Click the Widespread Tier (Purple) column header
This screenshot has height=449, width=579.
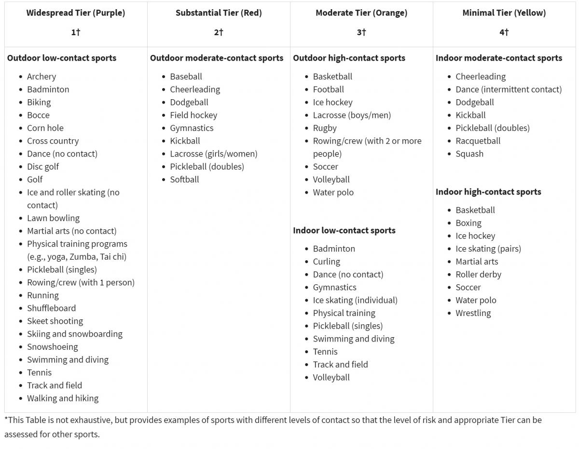pyautogui.click(x=75, y=13)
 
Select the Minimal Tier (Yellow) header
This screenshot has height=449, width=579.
pyautogui.click(x=504, y=13)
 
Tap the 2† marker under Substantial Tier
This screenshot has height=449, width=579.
pyautogui.click(x=219, y=32)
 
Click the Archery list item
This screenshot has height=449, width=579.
pyautogui.click(x=41, y=77)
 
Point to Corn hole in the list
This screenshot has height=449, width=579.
pyautogui.click(x=45, y=128)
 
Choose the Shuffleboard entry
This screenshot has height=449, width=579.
pyautogui.click(x=51, y=308)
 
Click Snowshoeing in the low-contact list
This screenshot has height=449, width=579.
pyautogui.click(x=52, y=347)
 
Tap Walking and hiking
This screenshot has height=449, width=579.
pyautogui.click(x=63, y=398)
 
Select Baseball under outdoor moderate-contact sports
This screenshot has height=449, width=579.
pyautogui.click(x=186, y=77)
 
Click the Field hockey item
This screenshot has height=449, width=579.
pyautogui.click(x=193, y=115)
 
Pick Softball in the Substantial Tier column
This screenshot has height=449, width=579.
pyautogui.click(x=184, y=180)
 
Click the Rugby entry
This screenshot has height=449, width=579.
pyautogui.click(x=325, y=128)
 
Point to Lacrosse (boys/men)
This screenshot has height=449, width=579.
pyautogui.click(x=352, y=115)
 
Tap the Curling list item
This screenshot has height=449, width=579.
pyautogui.click(x=326, y=262)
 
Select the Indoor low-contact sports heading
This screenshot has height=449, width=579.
pyautogui.click(x=344, y=230)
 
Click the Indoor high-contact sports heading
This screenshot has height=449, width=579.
pyautogui.click(x=488, y=192)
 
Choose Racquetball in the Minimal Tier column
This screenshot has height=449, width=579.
pyautogui.click(x=478, y=141)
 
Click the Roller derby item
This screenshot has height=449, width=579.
pyautogui.click(x=478, y=275)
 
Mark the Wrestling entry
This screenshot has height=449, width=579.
pyautogui.click(x=473, y=313)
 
